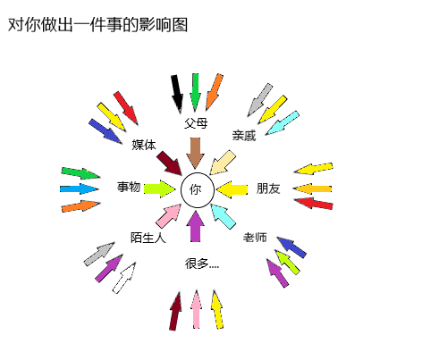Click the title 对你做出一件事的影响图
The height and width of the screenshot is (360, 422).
[x=97, y=25]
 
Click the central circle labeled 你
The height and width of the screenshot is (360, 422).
[x=198, y=190]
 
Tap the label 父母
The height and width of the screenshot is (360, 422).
[x=196, y=123]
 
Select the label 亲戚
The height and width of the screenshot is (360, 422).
[x=244, y=136]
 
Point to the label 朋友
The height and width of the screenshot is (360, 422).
[x=268, y=188]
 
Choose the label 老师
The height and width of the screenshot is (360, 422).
[x=255, y=238]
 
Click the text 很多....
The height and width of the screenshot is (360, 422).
[x=197, y=264]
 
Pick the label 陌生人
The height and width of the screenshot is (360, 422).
[x=148, y=238]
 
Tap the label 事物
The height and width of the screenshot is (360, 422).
[x=129, y=187]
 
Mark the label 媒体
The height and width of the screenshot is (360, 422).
[x=144, y=145]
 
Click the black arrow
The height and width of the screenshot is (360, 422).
[x=177, y=94]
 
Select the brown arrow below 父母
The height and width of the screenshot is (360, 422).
[x=195, y=153]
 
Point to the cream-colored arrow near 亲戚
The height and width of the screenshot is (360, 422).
[x=223, y=163]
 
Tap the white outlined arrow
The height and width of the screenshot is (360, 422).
[x=124, y=278]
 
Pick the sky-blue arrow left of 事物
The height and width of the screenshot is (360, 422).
[x=79, y=188]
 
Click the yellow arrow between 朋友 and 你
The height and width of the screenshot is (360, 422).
[x=232, y=189]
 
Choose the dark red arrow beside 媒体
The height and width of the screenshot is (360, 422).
[x=169, y=163]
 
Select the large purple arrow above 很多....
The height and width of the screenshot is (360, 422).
[x=195, y=226]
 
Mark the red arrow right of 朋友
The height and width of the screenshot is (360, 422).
[x=313, y=204]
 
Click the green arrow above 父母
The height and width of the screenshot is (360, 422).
[x=195, y=92]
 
